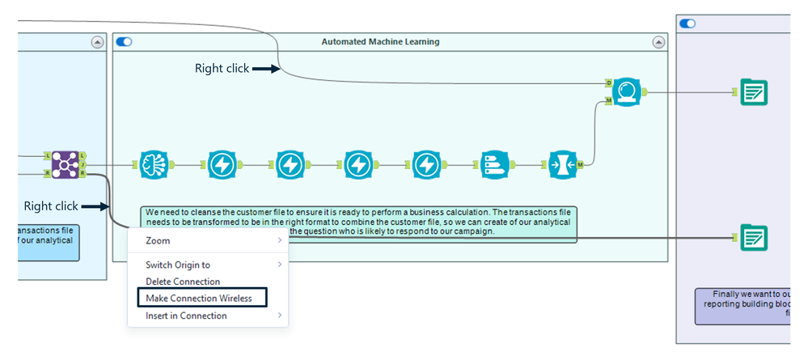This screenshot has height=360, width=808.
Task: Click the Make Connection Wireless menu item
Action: [198, 299]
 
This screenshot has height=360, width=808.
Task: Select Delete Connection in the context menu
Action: [183, 282]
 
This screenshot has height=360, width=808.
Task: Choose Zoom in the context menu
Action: [158, 240]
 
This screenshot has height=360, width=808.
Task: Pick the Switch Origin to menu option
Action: [178, 265]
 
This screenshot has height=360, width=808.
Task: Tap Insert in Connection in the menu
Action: [186, 316]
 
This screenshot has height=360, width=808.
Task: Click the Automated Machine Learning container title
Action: [380, 41]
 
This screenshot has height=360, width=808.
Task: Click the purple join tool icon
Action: [63, 164]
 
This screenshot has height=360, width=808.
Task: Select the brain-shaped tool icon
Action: [152, 164]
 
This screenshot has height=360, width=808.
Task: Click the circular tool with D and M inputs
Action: [626, 91]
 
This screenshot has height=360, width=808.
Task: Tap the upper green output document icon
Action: [754, 92]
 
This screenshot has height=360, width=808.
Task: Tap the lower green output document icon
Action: [754, 238]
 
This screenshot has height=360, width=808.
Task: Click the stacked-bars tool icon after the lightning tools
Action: [493, 164]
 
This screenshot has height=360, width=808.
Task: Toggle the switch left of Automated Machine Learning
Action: [125, 41]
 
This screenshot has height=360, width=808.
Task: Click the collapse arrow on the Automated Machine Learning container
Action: [659, 41]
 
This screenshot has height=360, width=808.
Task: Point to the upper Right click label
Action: [222, 69]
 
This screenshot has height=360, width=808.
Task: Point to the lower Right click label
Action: [51, 206]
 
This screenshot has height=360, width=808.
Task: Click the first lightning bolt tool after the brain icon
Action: [221, 164]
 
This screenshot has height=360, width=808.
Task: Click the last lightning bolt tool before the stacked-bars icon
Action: [425, 164]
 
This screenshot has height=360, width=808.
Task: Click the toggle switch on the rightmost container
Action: [688, 23]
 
